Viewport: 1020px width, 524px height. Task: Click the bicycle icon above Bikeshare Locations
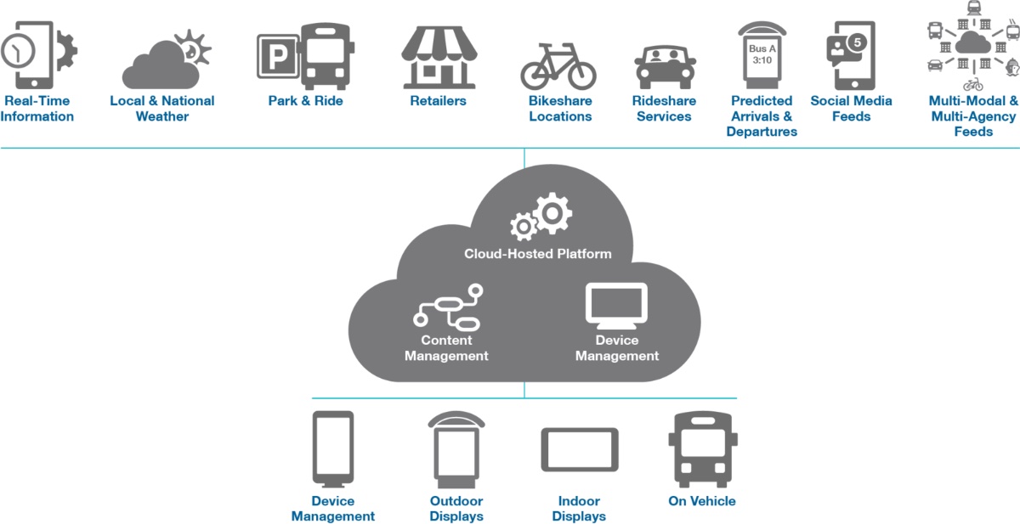(558, 66)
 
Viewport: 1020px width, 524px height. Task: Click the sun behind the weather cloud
(193, 48)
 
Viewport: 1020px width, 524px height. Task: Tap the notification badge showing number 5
(858, 42)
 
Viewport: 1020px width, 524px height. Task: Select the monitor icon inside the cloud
(616, 306)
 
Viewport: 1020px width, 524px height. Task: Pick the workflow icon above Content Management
(447, 307)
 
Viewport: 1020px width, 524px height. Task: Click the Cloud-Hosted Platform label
(537, 254)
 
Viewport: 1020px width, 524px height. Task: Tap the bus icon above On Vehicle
(701, 449)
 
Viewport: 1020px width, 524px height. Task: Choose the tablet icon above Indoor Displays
(580, 450)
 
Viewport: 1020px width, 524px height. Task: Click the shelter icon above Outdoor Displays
(456, 448)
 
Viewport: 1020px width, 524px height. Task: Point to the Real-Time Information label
(37, 109)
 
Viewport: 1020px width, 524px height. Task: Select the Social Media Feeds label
(851, 109)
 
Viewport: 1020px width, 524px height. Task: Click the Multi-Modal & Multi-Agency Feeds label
(973, 116)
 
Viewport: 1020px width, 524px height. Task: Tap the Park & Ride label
(305, 101)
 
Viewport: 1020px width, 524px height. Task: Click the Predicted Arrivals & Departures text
(762, 116)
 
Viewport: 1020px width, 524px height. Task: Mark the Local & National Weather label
(161, 109)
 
